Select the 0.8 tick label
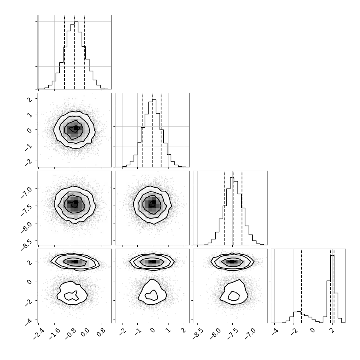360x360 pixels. point(101,331)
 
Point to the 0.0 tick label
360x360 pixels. point(85,331)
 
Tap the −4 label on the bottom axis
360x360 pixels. point(275,331)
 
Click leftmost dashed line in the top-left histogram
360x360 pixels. point(65,52)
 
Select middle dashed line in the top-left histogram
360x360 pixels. point(74,52)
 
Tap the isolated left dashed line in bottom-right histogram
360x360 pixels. point(301,286)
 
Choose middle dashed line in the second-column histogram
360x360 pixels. point(152,130)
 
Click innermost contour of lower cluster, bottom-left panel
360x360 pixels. point(72,296)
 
